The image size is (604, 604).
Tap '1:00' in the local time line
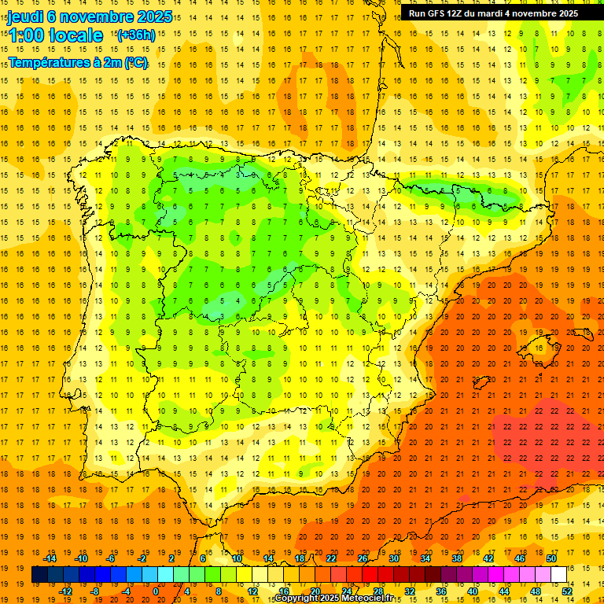[25, 35]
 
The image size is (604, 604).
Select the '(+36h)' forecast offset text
[135, 35]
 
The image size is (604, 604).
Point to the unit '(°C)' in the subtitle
[134, 64]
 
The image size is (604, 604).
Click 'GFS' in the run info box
[440, 13]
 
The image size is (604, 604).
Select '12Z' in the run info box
[462, 13]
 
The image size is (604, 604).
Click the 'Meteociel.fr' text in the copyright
[370, 598]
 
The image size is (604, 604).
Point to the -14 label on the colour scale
[50, 558]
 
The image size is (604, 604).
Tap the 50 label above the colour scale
[551, 558]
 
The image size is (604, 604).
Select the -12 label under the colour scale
[65, 591]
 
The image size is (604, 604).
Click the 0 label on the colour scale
[157, 591]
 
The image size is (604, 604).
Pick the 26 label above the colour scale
[362, 558]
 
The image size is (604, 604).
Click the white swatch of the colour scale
[558, 575]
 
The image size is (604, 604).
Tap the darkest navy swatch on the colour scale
[39, 575]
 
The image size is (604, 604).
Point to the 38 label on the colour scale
[456, 558]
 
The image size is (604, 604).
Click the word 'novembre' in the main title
[96, 16]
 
